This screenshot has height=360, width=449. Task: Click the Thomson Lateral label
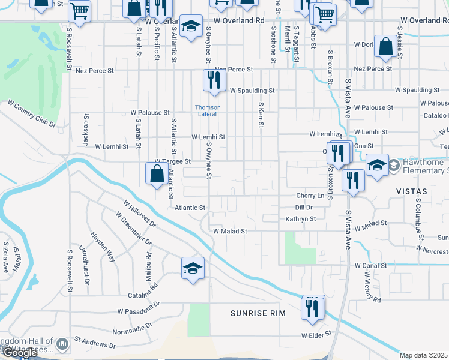pyautogui.click(x=208, y=110)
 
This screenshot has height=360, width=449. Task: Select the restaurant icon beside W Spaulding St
pyautogui.click(x=214, y=80)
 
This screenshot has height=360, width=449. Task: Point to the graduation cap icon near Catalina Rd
pyautogui.click(x=193, y=268)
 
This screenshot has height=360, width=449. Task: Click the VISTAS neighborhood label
pyautogui.click(x=411, y=191)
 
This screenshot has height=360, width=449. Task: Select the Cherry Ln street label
pyautogui.click(x=310, y=196)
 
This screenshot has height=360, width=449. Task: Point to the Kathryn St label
pyautogui.click(x=300, y=219)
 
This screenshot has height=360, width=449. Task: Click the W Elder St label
pyautogui.click(x=316, y=335)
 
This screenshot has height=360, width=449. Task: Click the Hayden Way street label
pyautogui.click(x=101, y=246)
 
